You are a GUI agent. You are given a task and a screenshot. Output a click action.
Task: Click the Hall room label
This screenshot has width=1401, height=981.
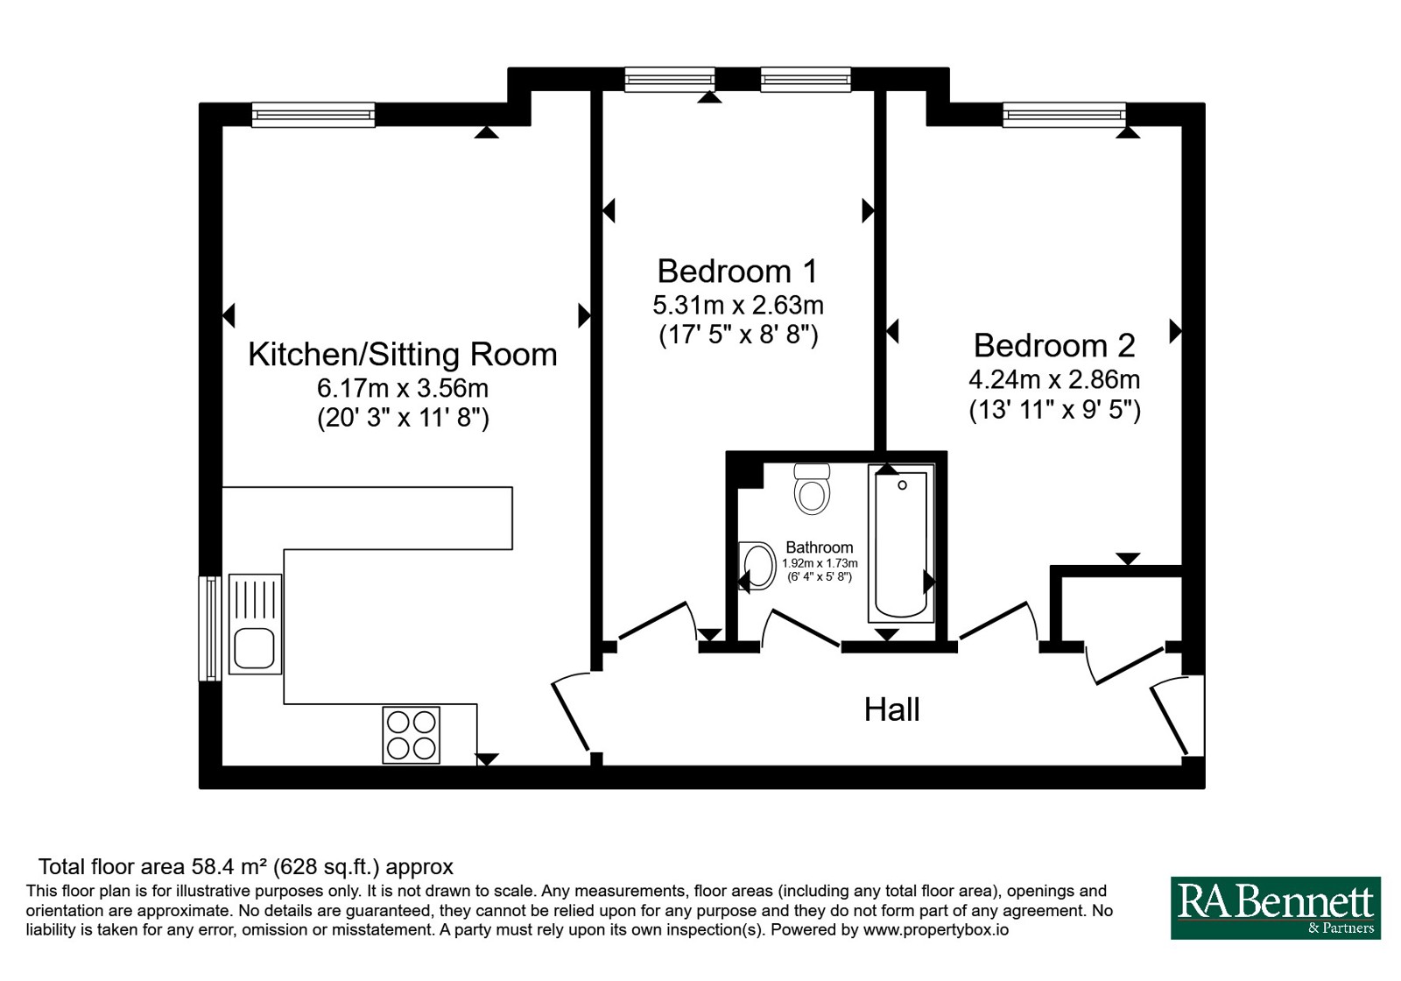[891, 710]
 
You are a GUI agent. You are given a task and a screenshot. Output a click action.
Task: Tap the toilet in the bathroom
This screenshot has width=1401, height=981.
[812, 489]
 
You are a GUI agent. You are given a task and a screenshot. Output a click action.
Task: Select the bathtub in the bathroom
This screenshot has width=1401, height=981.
[901, 543]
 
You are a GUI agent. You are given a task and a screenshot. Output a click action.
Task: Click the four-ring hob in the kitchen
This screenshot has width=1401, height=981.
[411, 735]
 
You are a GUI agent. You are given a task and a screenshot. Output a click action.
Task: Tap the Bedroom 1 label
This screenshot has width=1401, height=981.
[737, 271]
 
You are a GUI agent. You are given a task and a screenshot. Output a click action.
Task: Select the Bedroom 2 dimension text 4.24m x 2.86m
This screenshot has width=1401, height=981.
[1054, 379]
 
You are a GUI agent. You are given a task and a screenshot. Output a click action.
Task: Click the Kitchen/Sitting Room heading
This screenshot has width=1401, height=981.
[403, 354]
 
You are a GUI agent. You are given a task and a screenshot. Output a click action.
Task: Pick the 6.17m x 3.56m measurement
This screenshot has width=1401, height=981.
[403, 388]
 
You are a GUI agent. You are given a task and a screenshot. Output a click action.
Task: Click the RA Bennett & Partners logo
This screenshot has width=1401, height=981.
[1276, 907]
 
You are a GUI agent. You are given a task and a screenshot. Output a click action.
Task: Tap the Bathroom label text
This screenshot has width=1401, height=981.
[820, 547]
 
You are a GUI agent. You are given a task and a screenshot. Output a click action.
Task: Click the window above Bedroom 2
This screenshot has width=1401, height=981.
[1064, 115]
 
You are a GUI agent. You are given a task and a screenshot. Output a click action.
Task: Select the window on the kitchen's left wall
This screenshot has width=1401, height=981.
[210, 628]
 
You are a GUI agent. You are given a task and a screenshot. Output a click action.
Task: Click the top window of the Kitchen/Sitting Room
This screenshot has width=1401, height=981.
[313, 115]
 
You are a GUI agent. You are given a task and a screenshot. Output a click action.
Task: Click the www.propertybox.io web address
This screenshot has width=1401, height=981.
[936, 929]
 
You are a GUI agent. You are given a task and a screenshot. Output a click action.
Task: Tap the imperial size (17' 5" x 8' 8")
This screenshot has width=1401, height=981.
[739, 335]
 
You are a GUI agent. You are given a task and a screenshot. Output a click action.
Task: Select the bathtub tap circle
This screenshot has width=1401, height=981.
[902, 485]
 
